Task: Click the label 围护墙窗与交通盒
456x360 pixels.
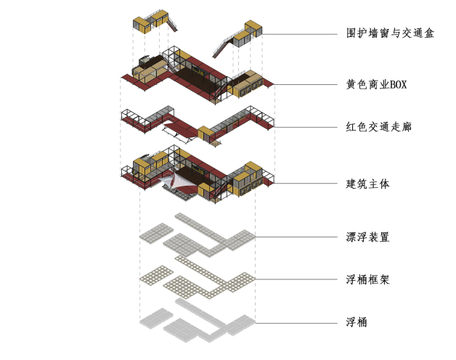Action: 390,33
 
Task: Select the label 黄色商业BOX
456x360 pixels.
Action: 376,84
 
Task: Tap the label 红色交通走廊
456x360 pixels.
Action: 378,127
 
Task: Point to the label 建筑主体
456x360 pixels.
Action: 367,184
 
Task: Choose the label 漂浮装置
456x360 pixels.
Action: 367,237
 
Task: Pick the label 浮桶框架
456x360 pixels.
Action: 367,279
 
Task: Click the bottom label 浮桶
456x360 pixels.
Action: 357,322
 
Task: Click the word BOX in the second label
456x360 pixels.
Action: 398,85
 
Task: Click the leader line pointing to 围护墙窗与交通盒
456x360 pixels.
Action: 300,34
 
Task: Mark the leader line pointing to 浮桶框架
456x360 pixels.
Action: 296,279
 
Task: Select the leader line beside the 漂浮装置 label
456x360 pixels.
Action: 296,237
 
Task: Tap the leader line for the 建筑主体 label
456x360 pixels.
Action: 306,184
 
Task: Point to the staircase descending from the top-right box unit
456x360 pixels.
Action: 222,48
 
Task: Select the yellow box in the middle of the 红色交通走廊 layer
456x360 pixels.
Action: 205,134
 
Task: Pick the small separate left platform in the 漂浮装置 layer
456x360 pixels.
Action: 156,233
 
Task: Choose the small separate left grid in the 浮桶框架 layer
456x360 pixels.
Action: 156,276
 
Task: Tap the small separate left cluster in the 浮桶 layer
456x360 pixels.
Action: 156,319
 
